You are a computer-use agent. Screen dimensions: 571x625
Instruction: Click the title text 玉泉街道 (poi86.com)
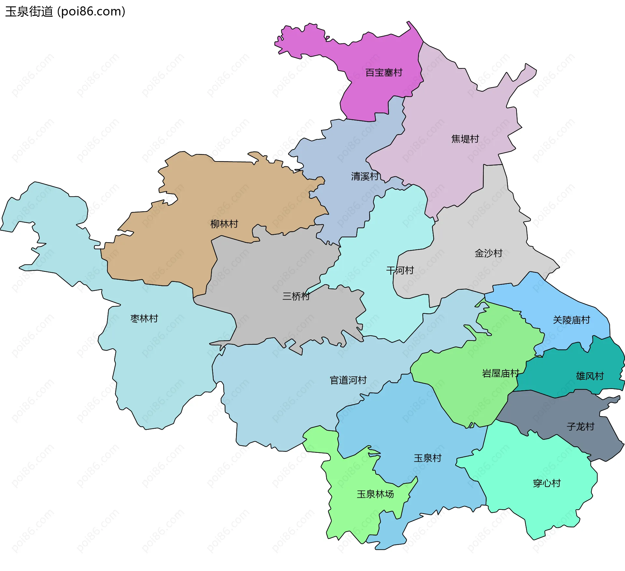tap(65, 12)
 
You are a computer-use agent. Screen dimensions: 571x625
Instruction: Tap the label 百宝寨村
tap(384, 73)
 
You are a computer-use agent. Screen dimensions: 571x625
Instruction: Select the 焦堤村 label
tap(465, 139)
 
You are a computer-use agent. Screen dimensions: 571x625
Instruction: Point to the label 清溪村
tap(365, 176)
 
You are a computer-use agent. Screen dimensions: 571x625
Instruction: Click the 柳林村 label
tap(224, 224)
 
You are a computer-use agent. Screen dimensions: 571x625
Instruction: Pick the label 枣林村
tap(144, 318)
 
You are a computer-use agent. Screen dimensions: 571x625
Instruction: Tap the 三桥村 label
tap(296, 296)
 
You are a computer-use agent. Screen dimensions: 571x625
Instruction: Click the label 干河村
tap(400, 270)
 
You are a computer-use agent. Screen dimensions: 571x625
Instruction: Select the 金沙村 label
tap(488, 253)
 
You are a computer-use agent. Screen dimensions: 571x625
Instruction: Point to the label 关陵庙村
tap(571, 320)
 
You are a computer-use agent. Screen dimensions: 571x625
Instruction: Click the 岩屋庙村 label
tap(500, 373)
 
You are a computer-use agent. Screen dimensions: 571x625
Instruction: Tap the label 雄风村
tap(590, 376)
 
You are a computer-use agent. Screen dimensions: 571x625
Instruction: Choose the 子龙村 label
tap(580, 426)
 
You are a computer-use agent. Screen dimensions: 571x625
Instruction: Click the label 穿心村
tap(547, 483)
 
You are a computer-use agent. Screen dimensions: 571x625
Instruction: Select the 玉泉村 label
tap(427, 458)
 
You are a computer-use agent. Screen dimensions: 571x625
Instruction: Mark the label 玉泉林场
tap(375, 494)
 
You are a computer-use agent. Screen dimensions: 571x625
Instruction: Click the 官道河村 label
tap(348, 380)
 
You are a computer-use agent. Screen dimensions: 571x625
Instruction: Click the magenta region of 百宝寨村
tap(374, 94)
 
